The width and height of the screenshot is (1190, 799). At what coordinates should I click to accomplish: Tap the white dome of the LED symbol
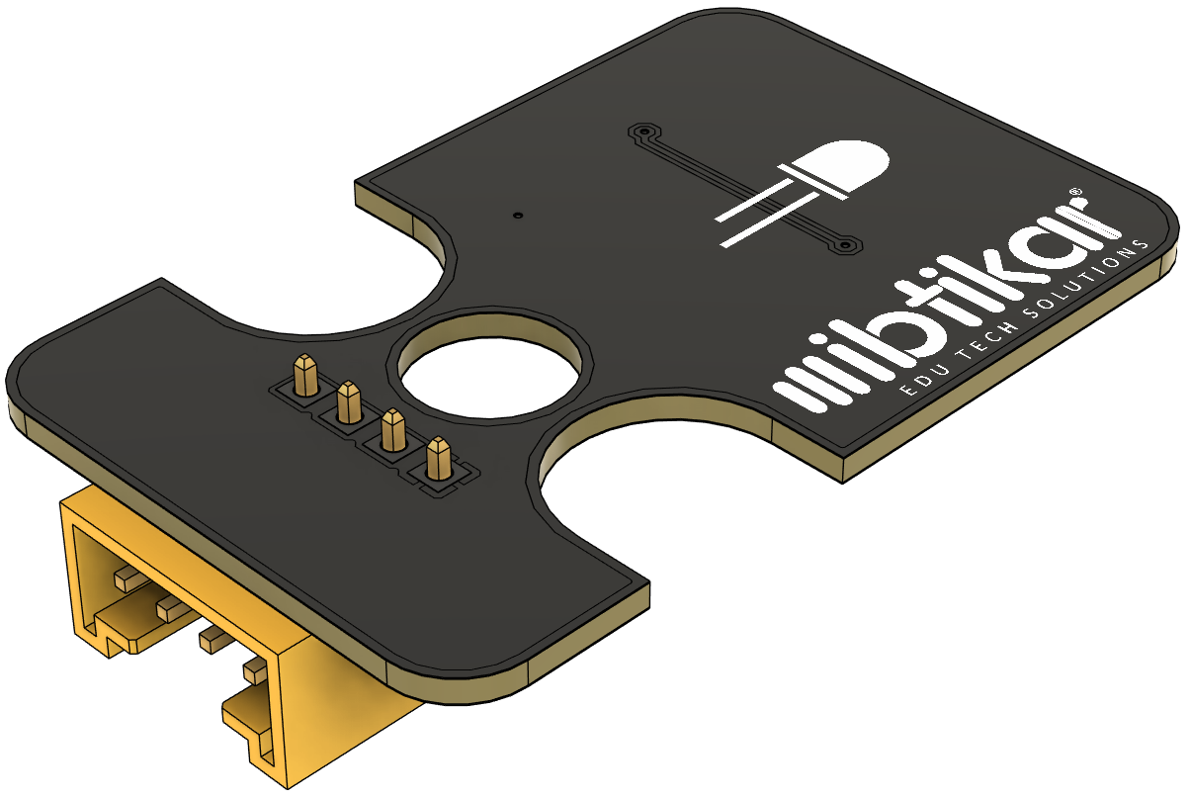845,166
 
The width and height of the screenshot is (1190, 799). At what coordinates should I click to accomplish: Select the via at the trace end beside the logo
845,245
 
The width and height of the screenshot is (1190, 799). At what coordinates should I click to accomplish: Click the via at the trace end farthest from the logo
644,131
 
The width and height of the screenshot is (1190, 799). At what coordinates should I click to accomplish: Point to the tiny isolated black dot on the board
519,216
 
